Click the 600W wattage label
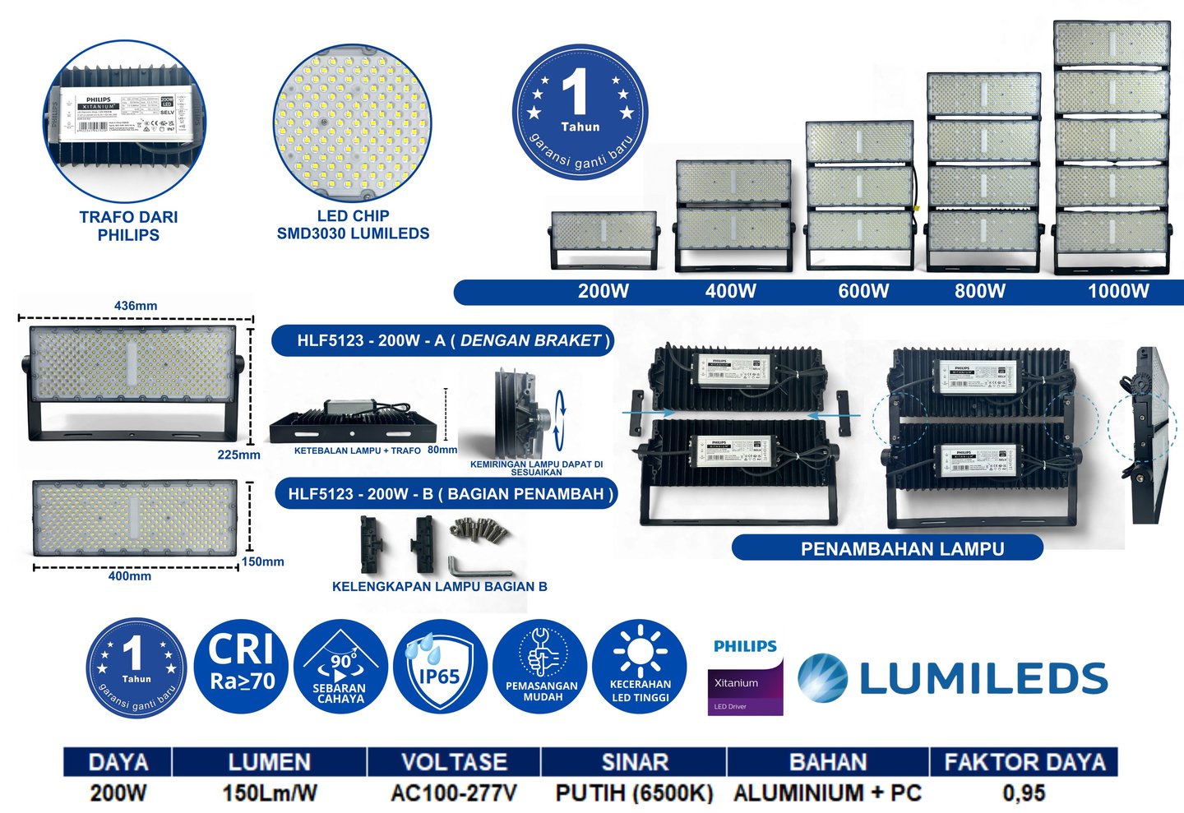click(x=863, y=291)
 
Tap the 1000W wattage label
click(x=1118, y=291)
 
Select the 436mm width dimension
click(x=136, y=306)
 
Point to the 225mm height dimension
click(x=238, y=455)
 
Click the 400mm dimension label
click(x=130, y=576)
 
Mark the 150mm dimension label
click(x=262, y=562)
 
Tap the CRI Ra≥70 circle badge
click(x=242, y=667)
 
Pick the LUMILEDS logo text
click(x=983, y=678)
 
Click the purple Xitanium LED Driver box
click(x=746, y=687)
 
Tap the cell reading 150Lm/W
click(x=269, y=793)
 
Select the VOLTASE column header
click(x=454, y=762)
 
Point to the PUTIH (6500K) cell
click(x=634, y=793)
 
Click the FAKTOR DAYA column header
click(x=1024, y=762)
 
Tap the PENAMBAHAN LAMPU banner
click(x=902, y=548)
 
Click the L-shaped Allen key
click(x=477, y=567)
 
